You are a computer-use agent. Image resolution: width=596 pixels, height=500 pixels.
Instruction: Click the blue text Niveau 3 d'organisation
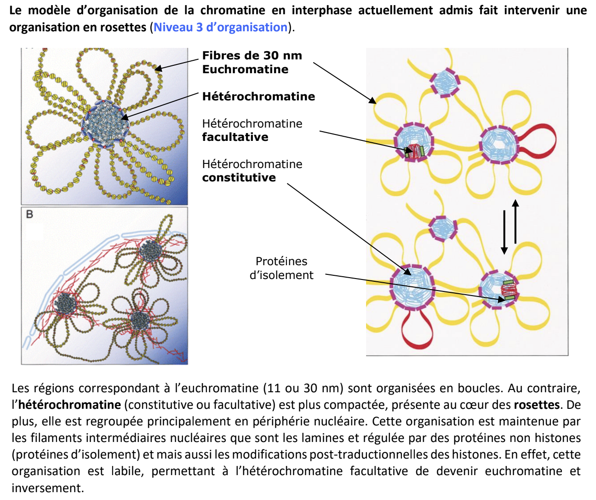tap(220, 27)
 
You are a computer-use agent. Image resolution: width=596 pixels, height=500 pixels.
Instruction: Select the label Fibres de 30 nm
tap(252, 56)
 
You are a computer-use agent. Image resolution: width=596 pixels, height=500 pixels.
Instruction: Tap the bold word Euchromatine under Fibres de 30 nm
tap(245, 70)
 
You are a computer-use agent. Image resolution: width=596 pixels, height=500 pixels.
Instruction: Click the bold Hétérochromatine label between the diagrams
tap(258, 96)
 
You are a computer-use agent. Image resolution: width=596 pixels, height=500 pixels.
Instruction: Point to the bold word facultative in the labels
tap(235, 137)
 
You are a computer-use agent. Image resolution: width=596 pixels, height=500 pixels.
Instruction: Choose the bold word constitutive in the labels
tap(239, 178)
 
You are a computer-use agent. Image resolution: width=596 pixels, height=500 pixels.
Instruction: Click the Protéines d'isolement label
tap(281, 268)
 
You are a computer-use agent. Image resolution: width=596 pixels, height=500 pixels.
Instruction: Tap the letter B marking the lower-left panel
tap(30, 214)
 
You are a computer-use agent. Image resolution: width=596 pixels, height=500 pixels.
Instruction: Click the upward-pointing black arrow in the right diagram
tap(516, 221)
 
